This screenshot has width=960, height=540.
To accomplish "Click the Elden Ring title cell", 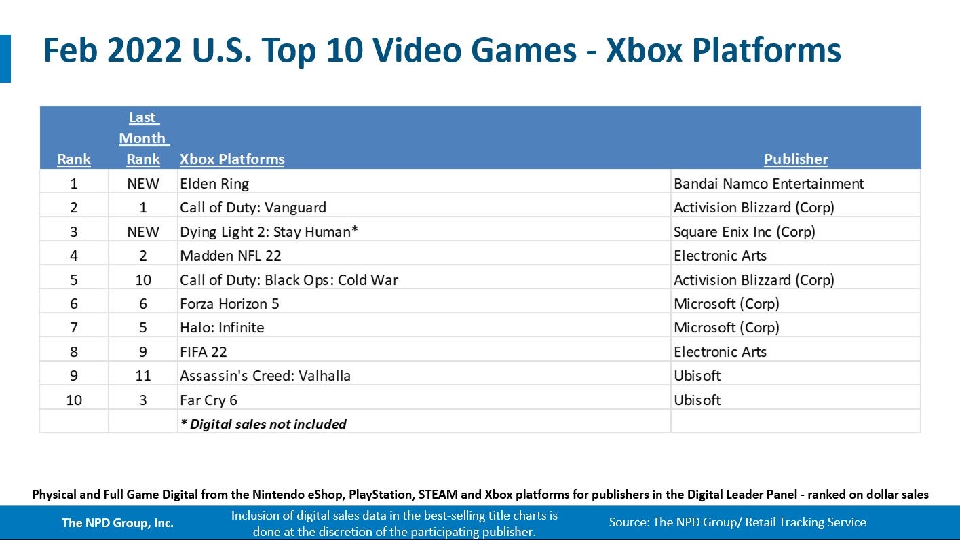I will point(214,184).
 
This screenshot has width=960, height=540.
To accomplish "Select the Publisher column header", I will point(796,159).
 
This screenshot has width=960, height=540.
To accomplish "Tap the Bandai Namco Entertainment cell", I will point(769,184).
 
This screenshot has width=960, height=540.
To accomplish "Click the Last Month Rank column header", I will point(143,138).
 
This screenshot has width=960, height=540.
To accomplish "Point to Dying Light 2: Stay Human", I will point(269,232).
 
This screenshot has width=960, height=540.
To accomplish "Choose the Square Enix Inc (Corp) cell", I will point(744,232).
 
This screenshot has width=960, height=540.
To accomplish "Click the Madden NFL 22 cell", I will point(231,256).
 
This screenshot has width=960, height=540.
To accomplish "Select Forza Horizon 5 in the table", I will point(229,304).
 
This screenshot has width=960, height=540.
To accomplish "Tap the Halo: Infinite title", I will point(222,328).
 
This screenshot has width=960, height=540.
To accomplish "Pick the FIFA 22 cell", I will point(204,352).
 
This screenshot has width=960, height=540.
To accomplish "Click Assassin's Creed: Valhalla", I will point(265,376).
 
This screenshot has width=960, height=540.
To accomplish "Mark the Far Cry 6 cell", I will point(209,400).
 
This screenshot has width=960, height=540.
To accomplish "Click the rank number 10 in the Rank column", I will point(74,400).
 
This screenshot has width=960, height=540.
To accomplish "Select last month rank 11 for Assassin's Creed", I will point(143,376).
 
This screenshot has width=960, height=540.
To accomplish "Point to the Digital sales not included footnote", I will point(263,425).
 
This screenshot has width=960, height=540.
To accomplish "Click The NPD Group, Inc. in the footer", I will point(117,522).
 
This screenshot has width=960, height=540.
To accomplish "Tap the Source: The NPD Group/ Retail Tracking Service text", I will point(737,522).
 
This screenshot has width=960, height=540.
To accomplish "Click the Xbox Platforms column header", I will point(232,159).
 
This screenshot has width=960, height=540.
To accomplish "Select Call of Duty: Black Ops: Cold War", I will point(289,280).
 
